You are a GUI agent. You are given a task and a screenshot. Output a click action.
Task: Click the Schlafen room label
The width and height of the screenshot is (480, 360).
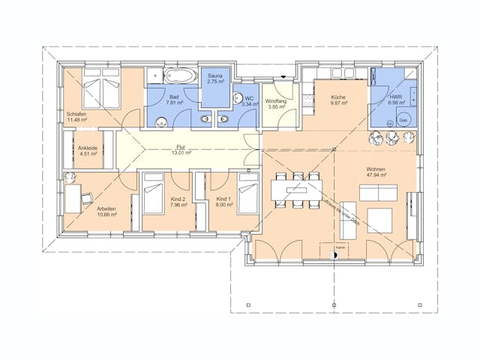[x=76, y=113]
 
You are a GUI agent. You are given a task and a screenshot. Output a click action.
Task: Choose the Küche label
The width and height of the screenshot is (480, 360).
[x=336, y=97]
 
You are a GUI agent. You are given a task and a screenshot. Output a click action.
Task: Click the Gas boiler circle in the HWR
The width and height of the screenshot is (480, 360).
[x=403, y=120]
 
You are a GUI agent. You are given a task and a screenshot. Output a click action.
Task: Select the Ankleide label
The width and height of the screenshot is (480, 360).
[x=88, y=148]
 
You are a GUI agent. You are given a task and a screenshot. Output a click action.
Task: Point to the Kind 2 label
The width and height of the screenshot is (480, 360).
[x=178, y=197]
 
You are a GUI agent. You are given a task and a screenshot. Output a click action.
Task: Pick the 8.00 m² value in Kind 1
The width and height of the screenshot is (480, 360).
[x=224, y=204]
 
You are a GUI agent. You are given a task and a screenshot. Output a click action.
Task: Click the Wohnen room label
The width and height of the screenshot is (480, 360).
[x=375, y=169]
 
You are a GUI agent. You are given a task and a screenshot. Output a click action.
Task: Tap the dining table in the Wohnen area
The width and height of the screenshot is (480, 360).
[x=295, y=190]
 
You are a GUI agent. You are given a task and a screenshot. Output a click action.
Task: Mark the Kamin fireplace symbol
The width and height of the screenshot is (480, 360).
[x=336, y=255]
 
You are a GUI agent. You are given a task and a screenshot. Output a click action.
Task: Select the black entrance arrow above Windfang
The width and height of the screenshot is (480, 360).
[x=283, y=76]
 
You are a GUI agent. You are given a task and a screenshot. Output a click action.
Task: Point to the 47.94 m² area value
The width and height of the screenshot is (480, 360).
[x=375, y=178]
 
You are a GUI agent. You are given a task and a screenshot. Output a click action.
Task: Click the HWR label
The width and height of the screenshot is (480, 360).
[x=396, y=97]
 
